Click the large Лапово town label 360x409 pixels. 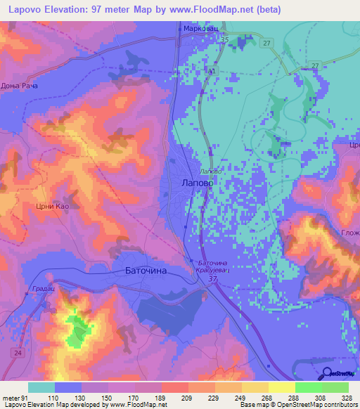tap(193, 182)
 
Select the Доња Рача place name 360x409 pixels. tap(19, 86)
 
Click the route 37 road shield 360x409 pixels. tap(212, 279)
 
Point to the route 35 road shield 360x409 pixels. tap(224, 40)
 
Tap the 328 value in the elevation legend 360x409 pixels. tap(346, 397)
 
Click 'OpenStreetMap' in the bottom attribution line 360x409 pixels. tap(295, 405)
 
